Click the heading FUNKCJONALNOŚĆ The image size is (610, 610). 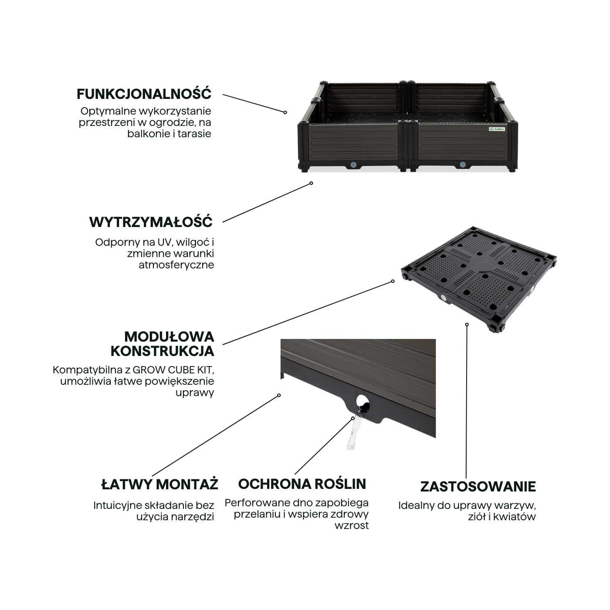[x=144, y=94]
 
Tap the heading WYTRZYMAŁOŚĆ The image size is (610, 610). [x=151, y=222]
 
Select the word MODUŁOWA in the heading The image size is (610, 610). [x=169, y=336]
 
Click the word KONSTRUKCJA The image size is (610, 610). [x=163, y=351]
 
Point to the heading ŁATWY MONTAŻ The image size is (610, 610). [x=159, y=485]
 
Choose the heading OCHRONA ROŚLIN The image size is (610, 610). [x=302, y=484]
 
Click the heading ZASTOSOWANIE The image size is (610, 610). [x=478, y=487]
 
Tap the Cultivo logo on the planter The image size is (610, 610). [x=497, y=129]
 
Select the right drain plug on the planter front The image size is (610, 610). [x=462, y=165]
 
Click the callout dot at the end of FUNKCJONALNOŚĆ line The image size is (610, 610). [x=285, y=112]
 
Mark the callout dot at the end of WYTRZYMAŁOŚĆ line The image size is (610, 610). [x=311, y=183]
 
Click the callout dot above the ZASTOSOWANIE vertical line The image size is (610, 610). [x=467, y=324]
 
